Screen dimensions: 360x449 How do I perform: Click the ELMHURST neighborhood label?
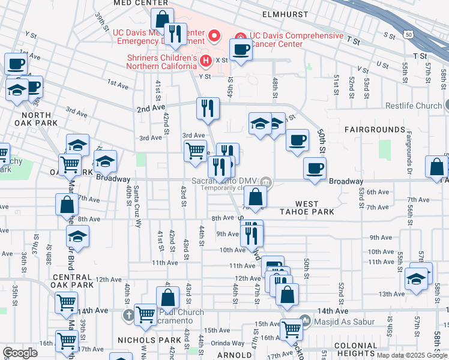(x=285, y=14)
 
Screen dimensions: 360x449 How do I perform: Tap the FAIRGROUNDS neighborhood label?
(x=375, y=130)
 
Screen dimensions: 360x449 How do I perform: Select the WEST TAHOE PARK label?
(x=307, y=208)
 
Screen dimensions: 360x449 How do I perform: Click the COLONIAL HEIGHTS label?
(x=355, y=350)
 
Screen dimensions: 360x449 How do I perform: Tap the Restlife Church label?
(x=413, y=106)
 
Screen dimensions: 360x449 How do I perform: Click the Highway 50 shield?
(x=409, y=35)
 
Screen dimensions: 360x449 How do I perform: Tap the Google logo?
(x=20, y=353)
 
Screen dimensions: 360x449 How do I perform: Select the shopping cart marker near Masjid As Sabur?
(x=292, y=328)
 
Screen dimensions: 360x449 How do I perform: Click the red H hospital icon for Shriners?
(x=206, y=60)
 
